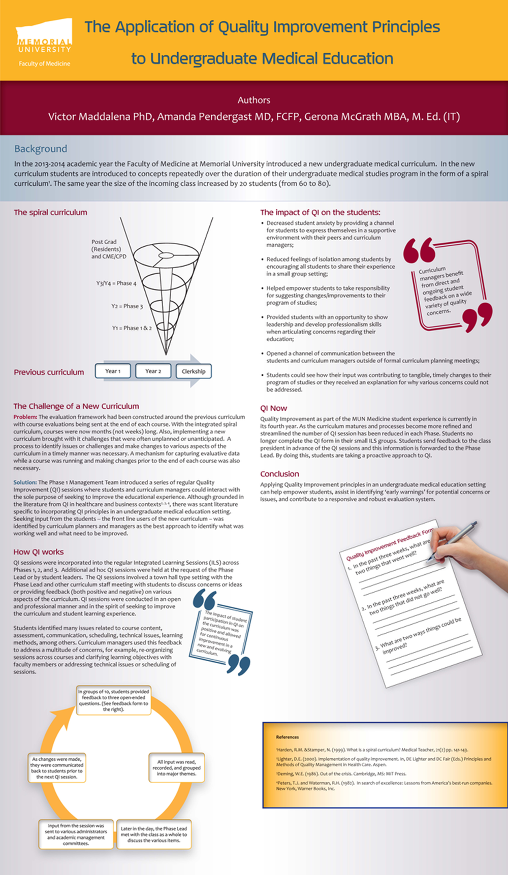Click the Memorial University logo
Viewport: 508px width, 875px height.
(44, 42)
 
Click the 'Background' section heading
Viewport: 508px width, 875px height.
(41, 149)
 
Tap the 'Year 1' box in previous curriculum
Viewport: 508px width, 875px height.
(113, 371)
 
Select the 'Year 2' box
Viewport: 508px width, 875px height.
(153, 371)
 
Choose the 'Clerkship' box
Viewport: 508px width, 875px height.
(194, 371)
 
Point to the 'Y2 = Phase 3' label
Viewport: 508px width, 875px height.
(127, 306)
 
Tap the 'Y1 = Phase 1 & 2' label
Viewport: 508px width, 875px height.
(132, 328)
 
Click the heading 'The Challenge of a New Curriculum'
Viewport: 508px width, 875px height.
(76, 406)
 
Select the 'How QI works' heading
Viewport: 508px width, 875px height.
(39, 552)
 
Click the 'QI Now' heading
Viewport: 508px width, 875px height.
(273, 408)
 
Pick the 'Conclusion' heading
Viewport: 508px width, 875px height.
(279, 474)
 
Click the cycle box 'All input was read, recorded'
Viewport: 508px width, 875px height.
(176, 768)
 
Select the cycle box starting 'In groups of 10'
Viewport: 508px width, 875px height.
(114, 700)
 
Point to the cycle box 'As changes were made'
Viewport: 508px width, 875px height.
(56, 768)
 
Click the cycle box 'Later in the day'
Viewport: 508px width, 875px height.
(154, 834)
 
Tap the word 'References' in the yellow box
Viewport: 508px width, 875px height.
(288, 737)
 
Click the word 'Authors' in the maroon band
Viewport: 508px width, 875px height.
(253, 100)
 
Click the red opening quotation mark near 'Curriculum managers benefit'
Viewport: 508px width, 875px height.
(419, 250)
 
